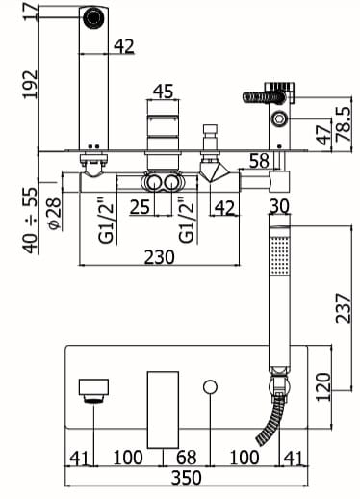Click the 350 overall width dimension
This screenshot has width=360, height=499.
click(187, 478)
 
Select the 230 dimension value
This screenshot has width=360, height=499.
click(160, 257)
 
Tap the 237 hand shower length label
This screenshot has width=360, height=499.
click(344, 307)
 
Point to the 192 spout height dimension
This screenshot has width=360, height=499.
click(30, 84)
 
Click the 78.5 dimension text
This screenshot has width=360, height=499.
click(344, 124)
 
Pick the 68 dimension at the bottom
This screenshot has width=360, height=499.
click(187, 458)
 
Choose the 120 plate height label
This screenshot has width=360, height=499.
click(323, 386)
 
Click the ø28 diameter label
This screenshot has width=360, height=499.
click(54, 214)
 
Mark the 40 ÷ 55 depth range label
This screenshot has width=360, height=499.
click(30, 220)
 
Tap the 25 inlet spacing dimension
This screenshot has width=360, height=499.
click(140, 206)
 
